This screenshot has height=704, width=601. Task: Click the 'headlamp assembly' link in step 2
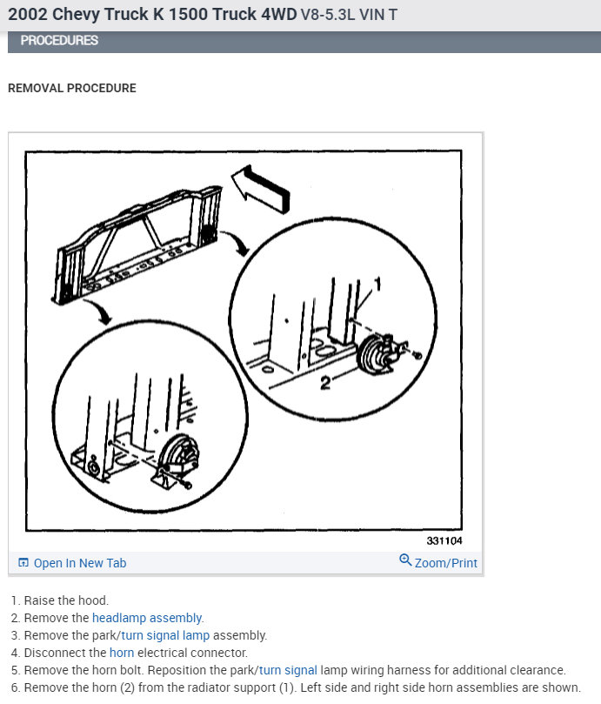147,618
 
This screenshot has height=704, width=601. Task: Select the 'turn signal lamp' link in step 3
165,635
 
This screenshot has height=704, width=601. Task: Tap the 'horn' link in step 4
122,653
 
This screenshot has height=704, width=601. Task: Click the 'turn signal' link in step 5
288,670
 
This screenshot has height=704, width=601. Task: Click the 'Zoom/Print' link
445,562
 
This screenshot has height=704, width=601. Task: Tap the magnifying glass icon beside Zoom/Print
404,560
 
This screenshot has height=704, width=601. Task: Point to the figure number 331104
444,540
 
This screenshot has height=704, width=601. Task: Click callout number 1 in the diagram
377,285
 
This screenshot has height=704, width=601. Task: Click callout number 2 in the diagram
325,383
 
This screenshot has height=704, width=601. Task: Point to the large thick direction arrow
261,189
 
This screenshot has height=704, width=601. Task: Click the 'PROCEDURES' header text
59,40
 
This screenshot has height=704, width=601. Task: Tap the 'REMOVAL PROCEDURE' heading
72,88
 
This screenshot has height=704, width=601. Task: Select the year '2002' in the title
27,15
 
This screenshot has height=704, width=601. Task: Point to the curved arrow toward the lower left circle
100,311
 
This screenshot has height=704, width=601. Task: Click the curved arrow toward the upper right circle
237,241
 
